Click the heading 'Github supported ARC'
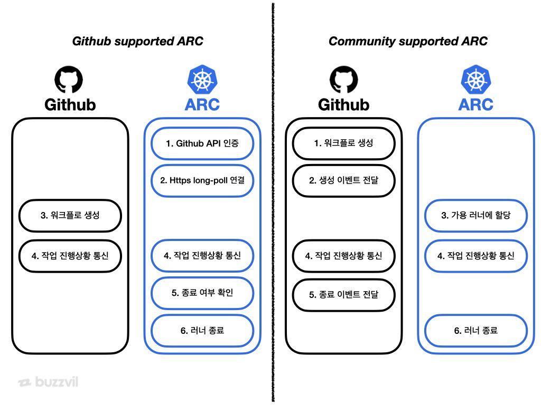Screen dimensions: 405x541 [137, 41]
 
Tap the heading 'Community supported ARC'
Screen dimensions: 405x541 [408, 41]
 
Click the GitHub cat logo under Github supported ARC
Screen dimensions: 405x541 [69, 79]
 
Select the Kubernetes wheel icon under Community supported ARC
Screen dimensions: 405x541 [475, 79]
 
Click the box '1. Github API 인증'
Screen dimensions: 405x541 [202, 143]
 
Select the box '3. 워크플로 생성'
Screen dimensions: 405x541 [70, 215]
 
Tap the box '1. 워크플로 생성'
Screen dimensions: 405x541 [343, 143]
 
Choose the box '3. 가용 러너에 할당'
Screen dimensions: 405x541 [475, 215]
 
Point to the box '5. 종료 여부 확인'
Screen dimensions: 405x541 [202, 293]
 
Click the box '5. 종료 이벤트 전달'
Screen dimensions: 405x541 [343, 294]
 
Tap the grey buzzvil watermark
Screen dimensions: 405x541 [48, 382]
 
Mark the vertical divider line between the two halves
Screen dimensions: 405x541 [273, 211]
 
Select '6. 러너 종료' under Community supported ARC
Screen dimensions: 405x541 [475, 331]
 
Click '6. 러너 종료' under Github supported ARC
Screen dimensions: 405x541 [202, 331]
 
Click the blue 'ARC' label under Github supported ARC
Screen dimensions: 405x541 [202, 104]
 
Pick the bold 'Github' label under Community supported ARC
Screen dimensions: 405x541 [343, 104]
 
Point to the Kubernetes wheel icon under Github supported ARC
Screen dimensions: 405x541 [202, 79]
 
